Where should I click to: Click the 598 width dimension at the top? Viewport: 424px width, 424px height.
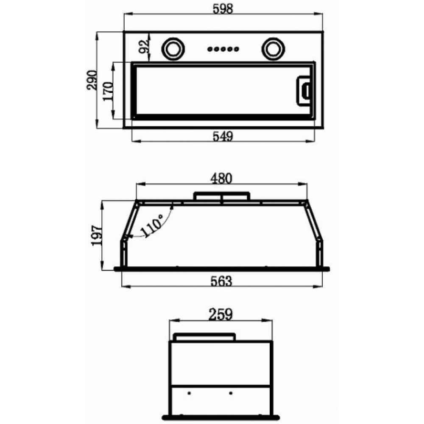point(223,8)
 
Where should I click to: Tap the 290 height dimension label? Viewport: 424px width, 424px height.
point(92,80)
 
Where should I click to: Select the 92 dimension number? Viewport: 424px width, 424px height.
point(144,46)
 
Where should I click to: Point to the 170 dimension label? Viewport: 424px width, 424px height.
point(108,91)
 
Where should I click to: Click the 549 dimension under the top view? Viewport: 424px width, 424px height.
point(223,136)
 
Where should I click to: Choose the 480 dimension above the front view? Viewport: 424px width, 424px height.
point(222,179)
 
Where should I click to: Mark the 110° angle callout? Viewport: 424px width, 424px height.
point(152,226)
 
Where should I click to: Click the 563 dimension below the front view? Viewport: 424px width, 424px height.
point(221,281)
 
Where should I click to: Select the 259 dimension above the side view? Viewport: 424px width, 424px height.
point(220,314)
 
